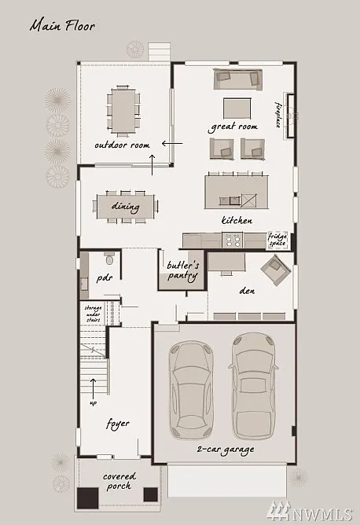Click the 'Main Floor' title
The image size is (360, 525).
pyautogui.click(x=62, y=26)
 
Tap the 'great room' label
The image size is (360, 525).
pyautogui.click(x=233, y=127)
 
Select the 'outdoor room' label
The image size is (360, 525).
pyautogui.click(x=122, y=145)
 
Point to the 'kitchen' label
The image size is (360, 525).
pyautogui.click(x=237, y=221)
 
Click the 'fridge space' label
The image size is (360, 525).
pyautogui.click(x=277, y=239)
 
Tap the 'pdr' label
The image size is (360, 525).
pyautogui.click(x=104, y=278)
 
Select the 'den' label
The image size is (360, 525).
pyautogui.click(x=248, y=290)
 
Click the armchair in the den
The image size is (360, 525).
pyautogui.click(x=276, y=272)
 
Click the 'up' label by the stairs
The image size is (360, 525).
pyautogui.click(x=94, y=403)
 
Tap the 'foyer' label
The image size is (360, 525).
pyautogui.click(x=117, y=424)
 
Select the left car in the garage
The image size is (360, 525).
pyautogui.click(x=192, y=387)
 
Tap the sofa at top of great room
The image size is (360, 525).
pyautogui.click(x=237, y=79)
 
